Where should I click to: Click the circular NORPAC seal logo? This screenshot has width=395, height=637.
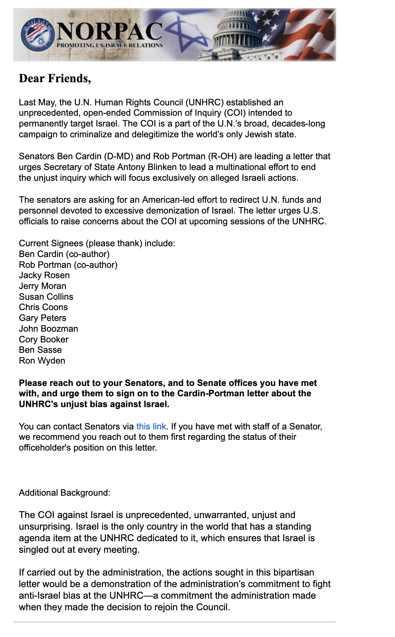coord(37,35)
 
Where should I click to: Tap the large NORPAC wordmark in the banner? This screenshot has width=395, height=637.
coord(110,31)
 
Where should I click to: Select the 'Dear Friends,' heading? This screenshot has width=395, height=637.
coord(55,79)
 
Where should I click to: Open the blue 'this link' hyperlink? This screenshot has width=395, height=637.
coord(151,426)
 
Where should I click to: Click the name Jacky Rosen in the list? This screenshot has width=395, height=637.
coord(44,275)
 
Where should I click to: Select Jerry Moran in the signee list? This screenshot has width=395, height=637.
coord(43,286)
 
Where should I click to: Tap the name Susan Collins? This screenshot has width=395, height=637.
coord(46,297)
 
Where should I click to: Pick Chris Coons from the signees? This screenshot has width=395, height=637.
coord(43,307)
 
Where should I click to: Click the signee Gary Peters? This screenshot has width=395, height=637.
coord(43,318)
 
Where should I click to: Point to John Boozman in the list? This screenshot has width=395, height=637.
coord(49,329)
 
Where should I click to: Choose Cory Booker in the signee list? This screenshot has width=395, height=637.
coord(44,340)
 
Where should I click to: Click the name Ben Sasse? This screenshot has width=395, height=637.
coord(40,350)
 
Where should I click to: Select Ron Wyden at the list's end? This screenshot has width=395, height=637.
coord(42,361)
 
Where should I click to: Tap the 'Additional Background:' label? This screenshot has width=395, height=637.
coord(65,493)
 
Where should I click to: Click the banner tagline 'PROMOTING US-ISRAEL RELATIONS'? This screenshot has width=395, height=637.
coord(110,45)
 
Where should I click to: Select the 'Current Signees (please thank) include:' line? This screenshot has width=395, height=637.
coord(97,243)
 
